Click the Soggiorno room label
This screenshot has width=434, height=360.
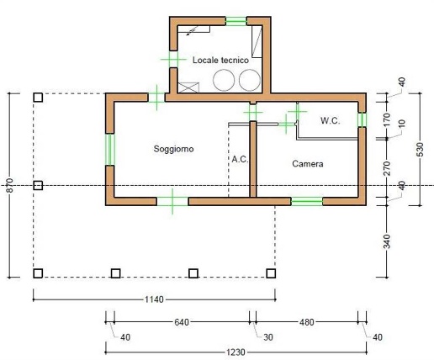point(173,149)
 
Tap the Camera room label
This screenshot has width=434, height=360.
point(308,164)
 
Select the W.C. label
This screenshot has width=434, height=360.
point(331,121)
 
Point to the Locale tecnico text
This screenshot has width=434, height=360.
point(220,60)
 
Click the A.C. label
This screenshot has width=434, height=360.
point(240,159)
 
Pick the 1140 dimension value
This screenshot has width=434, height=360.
point(154,299)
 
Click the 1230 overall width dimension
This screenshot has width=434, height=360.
point(236,352)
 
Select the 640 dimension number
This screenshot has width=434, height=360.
point(182,322)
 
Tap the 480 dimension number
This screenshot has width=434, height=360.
point(307,322)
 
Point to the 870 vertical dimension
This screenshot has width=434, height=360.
point(10,185)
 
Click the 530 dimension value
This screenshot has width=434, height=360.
point(420,150)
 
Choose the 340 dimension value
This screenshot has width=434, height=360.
point(387,241)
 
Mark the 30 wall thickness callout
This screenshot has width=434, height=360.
point(268,337)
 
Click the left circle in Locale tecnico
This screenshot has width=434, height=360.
point(224,80)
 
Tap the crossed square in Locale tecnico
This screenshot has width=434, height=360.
point(188,87)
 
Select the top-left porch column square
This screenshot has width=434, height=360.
point(38,98)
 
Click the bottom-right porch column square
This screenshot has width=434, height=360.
point(271,273)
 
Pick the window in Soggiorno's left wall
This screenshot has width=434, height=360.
point(110,150)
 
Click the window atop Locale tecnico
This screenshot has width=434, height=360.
point(236,21)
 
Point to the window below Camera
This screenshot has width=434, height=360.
point(307,202)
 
